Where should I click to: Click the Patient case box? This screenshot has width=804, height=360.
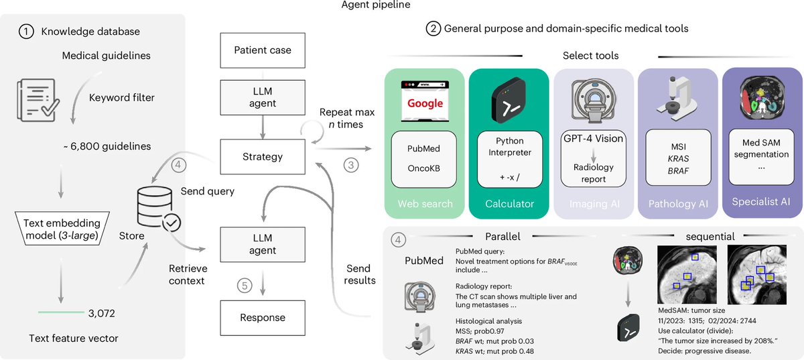pos(263,50)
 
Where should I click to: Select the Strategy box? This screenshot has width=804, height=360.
pos(263,157)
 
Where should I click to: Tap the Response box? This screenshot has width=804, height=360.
pos(263,318)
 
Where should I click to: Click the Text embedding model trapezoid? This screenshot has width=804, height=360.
pos(62,229)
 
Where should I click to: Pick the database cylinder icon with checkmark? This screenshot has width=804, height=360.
pos(158,208)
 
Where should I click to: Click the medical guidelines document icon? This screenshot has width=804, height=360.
pos(38,100)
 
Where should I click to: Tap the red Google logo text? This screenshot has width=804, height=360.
pos(425,103)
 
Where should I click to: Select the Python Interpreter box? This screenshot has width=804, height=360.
pos(510,159)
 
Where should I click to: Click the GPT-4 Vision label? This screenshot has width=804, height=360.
pos(594,139)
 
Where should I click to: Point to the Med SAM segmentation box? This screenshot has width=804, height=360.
pos(761,157)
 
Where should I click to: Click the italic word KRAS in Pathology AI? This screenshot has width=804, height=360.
pos(678,159)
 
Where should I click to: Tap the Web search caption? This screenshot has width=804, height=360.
pos(425,204)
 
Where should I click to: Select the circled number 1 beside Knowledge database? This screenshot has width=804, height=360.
pos(26,32)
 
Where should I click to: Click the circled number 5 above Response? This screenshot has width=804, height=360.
pos(245,286)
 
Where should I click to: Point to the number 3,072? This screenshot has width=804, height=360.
pos(102,313)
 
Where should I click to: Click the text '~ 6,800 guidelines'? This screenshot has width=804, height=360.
pos(107,146)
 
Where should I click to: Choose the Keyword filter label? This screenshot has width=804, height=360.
pos(122,98)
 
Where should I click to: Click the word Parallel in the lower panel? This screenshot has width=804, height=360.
pos(503,237)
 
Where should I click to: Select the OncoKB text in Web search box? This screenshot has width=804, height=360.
pos(423,168)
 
